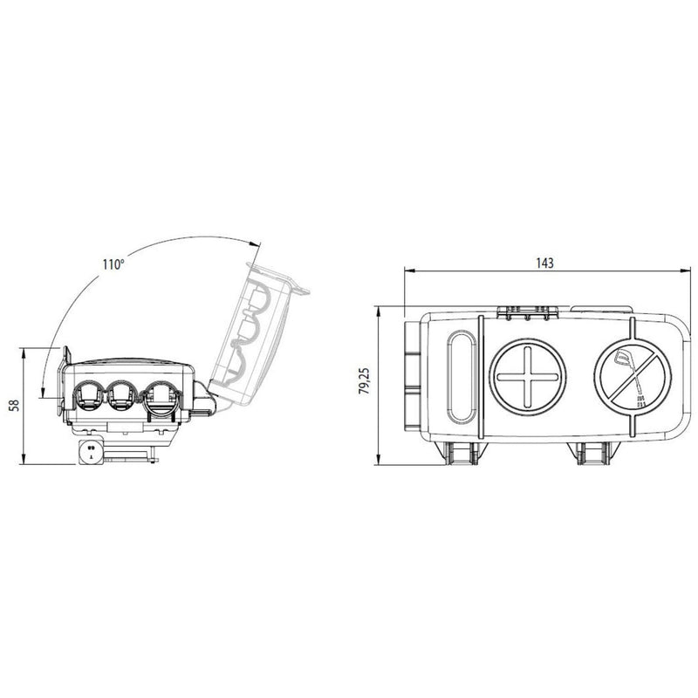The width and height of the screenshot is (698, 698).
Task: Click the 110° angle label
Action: [112, 263]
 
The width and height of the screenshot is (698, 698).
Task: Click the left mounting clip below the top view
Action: [465, 451]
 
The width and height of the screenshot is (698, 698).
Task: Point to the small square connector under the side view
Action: [89, 453]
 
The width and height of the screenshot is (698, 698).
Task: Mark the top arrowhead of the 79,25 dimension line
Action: [377, 310]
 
